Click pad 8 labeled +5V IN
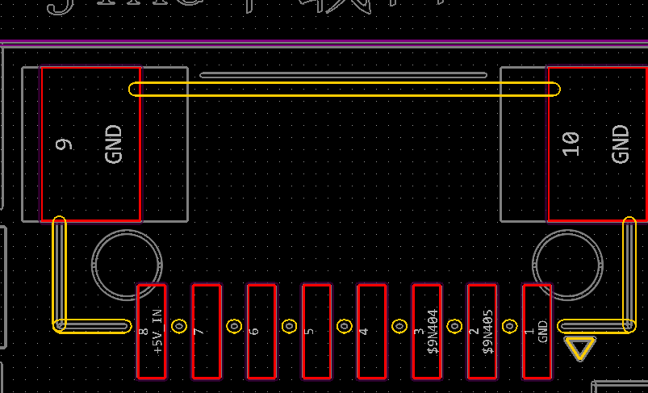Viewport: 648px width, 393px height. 152,331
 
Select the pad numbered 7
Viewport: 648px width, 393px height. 207,331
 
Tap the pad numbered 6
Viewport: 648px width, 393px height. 261,331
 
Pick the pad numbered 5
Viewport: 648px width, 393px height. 316,331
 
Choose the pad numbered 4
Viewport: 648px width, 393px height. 371,331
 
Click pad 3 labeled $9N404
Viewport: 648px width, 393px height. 427,331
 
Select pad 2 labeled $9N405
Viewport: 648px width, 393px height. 482,331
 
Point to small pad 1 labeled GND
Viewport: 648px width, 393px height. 537,331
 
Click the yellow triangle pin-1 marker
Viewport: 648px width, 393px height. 580,348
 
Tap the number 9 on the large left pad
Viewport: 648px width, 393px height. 65,144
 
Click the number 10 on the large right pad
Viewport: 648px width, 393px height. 571,144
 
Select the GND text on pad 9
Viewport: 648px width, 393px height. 114,144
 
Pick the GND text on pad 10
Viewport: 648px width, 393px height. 620,144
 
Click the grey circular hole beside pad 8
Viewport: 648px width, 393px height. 127,265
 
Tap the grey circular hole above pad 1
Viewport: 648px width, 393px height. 568,265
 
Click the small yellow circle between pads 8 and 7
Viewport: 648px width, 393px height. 179,327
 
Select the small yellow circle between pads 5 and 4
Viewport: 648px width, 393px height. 344,327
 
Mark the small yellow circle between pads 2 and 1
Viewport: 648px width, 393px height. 509,327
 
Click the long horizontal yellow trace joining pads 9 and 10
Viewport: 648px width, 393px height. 345,89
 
